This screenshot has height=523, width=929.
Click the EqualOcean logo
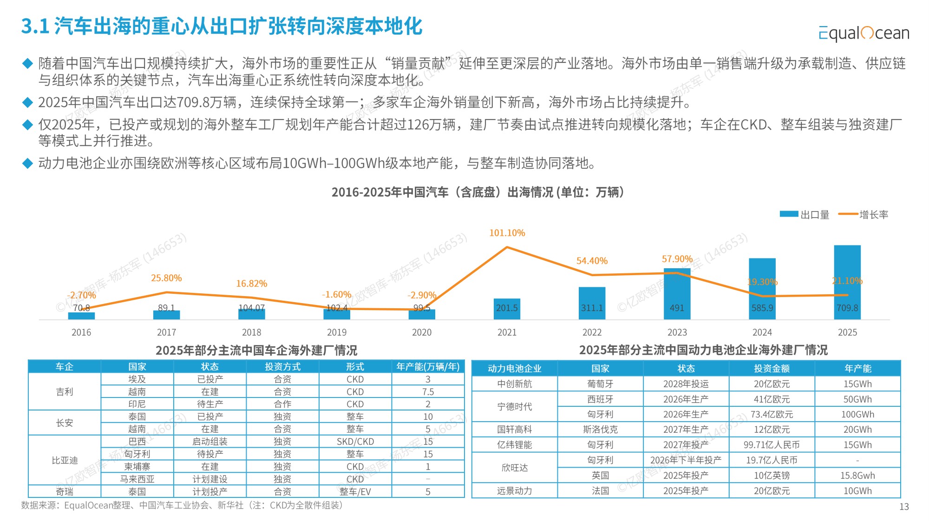point(864,33)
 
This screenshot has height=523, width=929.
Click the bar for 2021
point(507,309)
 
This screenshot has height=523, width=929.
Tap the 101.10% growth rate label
point(507,233)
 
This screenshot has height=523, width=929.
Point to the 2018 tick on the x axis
point(251,332)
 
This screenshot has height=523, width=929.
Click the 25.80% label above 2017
point(166,278)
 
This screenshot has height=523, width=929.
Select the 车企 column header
point(65,367)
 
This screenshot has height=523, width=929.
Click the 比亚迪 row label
point(65,460)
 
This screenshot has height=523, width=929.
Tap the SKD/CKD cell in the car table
point(355,442)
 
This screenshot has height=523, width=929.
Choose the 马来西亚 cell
point(137,479)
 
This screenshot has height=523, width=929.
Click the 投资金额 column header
point(772,369)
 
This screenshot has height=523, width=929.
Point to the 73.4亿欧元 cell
point(772,414)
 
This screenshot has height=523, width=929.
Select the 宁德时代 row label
point(514,407)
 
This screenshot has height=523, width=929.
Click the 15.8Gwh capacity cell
point(857,476)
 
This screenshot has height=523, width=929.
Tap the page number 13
point(904,507)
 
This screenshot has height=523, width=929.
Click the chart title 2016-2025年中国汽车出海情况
point(478,192)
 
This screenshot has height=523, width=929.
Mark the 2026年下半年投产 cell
point(686,460)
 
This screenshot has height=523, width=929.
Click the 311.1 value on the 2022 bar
point(592,308)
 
